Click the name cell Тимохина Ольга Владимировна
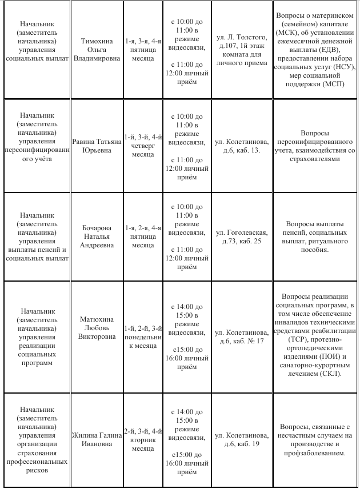pos(96,50)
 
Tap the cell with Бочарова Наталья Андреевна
pos(96,237)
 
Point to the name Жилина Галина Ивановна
pos(96,439)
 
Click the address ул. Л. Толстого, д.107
pos(242,50)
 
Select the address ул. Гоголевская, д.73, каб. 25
pos(242,237)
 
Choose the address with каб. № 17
pos(242,336)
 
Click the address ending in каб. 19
pos(242,439)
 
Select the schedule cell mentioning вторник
pos(143,439)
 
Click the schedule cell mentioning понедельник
pos(143,336)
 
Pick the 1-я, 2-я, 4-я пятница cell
pos(143,237)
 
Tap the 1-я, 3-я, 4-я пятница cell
pos(143,50)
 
